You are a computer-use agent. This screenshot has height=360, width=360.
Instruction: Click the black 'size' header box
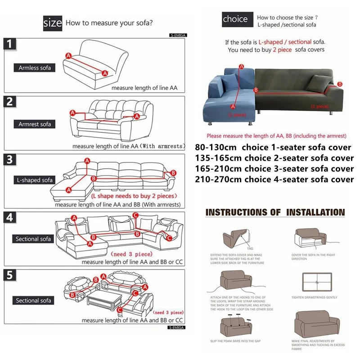point(52,22)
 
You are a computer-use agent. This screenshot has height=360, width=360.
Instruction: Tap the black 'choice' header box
point(235,19)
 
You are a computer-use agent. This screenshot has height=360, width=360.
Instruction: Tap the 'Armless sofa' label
point(35,68)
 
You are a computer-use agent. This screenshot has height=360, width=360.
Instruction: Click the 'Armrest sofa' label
point(35,124)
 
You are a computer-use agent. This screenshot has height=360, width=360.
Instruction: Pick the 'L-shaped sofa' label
point(35,180)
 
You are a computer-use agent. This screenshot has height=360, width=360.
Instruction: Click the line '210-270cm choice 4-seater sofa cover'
point(274,180)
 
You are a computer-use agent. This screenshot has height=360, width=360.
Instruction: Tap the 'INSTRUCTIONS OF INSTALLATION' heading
point(275,212)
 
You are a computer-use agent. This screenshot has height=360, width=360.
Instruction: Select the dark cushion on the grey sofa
point(320,81)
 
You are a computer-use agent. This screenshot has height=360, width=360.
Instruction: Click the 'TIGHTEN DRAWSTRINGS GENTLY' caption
point(314,297)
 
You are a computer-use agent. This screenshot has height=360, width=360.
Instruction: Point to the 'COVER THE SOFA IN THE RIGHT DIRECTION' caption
point(314,257)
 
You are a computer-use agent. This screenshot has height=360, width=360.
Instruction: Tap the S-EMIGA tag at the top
point(178,34)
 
